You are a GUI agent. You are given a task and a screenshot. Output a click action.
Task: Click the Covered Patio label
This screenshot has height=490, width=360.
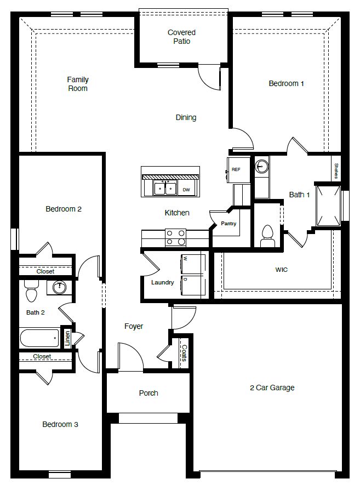[x=181, y=37]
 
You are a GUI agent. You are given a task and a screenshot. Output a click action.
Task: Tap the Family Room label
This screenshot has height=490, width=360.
[x=78, y=84]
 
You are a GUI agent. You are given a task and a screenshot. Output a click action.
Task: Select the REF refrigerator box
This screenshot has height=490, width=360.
[x=236, y=169]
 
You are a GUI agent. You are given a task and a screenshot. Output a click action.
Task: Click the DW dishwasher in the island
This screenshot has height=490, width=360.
[x=186, y=190]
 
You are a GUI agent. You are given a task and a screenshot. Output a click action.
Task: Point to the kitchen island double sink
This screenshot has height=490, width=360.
[x=164, y=189]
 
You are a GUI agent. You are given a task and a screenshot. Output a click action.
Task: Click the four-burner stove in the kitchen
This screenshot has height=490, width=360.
[x=175, y=237]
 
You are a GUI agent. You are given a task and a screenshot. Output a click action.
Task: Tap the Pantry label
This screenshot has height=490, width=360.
[x=228, y=224]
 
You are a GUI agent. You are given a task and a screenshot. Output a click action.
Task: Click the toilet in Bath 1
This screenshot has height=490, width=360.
[x=267, y=234]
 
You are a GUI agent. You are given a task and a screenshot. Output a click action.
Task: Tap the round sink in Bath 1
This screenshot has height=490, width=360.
[x=262, y=166]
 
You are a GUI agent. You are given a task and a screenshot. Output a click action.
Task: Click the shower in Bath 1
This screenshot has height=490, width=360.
[x=328, y=205]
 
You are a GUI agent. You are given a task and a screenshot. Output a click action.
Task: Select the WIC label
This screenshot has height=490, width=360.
[x=281, y=270]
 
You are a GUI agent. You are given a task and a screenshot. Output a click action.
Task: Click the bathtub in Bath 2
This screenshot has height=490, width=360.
[x=39, y=338]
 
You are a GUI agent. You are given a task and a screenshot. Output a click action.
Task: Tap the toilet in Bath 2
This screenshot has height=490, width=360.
[x=31, y=292]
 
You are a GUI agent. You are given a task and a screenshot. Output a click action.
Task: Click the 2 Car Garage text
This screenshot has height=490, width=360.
[x=272, y=388]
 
